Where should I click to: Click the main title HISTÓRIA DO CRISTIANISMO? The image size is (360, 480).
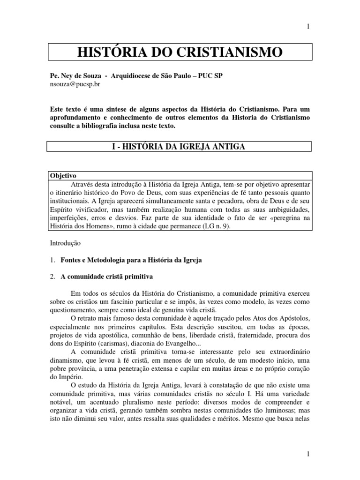180,52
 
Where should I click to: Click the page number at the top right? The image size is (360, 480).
308,27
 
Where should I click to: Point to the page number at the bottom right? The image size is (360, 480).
308,454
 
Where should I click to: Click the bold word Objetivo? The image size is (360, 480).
63,175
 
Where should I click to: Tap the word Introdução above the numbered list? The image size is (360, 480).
65,243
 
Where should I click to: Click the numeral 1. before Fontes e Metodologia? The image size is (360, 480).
52,260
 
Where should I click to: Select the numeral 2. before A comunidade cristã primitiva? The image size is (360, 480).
52,277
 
